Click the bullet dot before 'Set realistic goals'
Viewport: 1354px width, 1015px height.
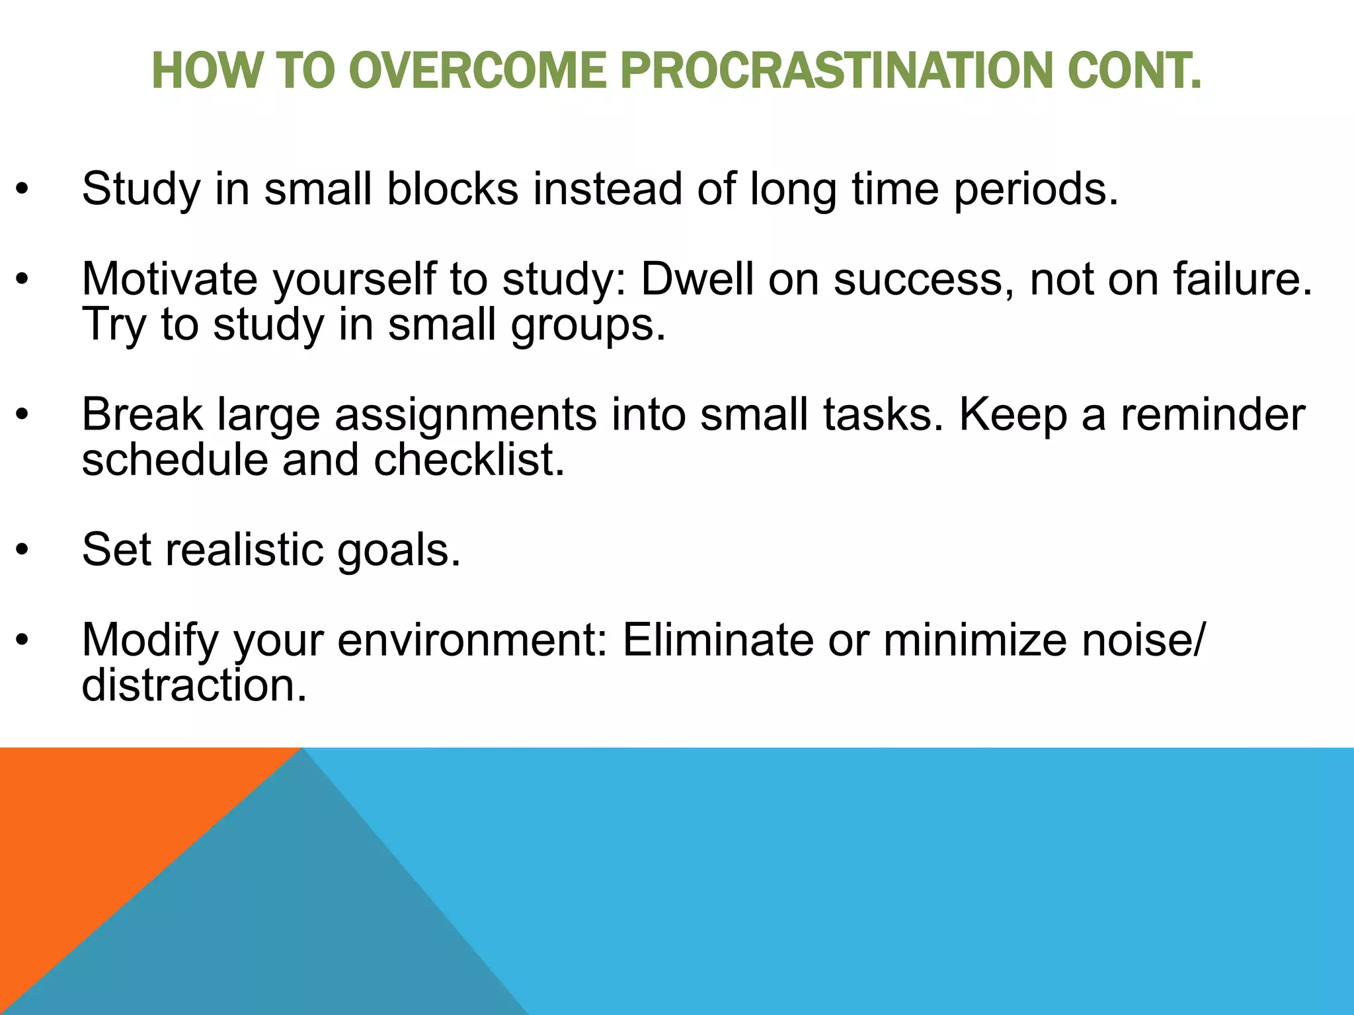[x=23, y=550]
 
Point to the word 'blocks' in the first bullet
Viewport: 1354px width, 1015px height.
[x=452, y=189]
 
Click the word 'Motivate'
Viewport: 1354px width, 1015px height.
[x=169, y=279]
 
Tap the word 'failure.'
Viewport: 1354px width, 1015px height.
[x=1243, y=279]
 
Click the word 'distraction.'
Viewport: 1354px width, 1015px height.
[x=194, y=685]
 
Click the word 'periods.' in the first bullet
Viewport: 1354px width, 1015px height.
[x=1035, y=190]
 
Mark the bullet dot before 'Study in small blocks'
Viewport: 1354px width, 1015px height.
[x=23, y=190]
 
